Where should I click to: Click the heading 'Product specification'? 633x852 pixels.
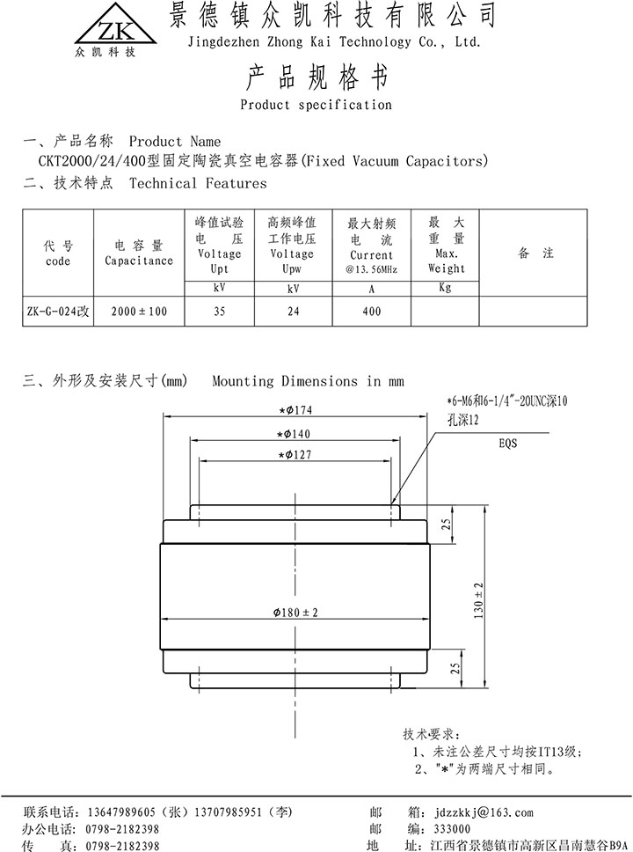(316, 105)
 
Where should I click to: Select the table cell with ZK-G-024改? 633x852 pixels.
(57, 312)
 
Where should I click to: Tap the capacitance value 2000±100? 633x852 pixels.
(139, 312)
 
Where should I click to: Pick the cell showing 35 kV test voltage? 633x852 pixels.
(220, 312)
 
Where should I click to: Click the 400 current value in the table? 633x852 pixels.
(371, 312)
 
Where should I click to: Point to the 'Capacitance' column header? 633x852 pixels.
(139, 253)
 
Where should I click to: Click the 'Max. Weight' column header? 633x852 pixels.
(446, 246)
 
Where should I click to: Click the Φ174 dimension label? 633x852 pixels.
(296, 409)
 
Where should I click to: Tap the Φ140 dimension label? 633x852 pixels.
(296, 433)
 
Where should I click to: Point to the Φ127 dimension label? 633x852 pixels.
(296, 454)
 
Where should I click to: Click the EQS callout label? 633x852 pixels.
(508, 444)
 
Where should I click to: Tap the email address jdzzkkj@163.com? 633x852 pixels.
(483, 812)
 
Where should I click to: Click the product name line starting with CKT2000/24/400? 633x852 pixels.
(261, 162)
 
